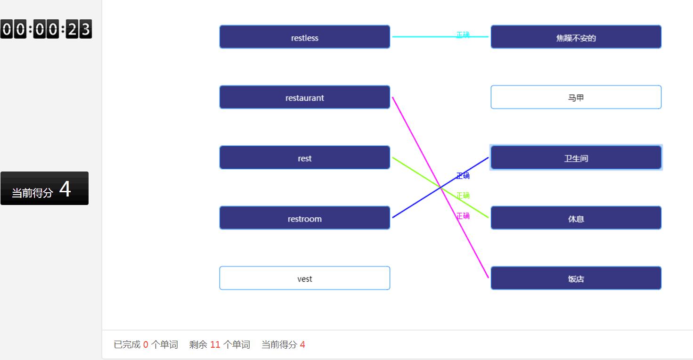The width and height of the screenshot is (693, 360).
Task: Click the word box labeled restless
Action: point(304,37)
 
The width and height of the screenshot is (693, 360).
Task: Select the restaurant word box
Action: point(304,98)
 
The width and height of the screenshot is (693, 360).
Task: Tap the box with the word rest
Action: point(304,158)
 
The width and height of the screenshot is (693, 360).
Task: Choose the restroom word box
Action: point(304,218)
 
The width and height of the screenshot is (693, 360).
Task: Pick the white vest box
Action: point(304,278)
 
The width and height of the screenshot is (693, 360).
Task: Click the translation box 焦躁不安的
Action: point(576,37)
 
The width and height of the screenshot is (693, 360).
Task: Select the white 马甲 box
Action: point(576,98)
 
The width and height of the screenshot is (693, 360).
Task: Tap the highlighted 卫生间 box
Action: point(576,158)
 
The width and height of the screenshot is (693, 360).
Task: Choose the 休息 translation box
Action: point(576,218)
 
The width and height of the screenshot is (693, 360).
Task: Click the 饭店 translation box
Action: point(576,278)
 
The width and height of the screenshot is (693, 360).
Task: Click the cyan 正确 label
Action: point(463,35)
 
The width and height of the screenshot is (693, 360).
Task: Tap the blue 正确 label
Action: point(463,176)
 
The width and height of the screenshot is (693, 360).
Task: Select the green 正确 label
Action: point(463,196)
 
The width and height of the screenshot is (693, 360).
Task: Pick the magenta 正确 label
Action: point(463,216)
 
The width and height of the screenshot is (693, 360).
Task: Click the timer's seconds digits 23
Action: point(79,30)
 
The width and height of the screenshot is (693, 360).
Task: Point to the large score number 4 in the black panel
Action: point(65,189)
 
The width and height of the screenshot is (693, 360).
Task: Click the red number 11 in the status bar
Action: point(215,345)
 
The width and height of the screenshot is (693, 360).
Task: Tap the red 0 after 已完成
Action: point(146,345)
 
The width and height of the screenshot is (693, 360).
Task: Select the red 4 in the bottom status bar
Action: point(302,345)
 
